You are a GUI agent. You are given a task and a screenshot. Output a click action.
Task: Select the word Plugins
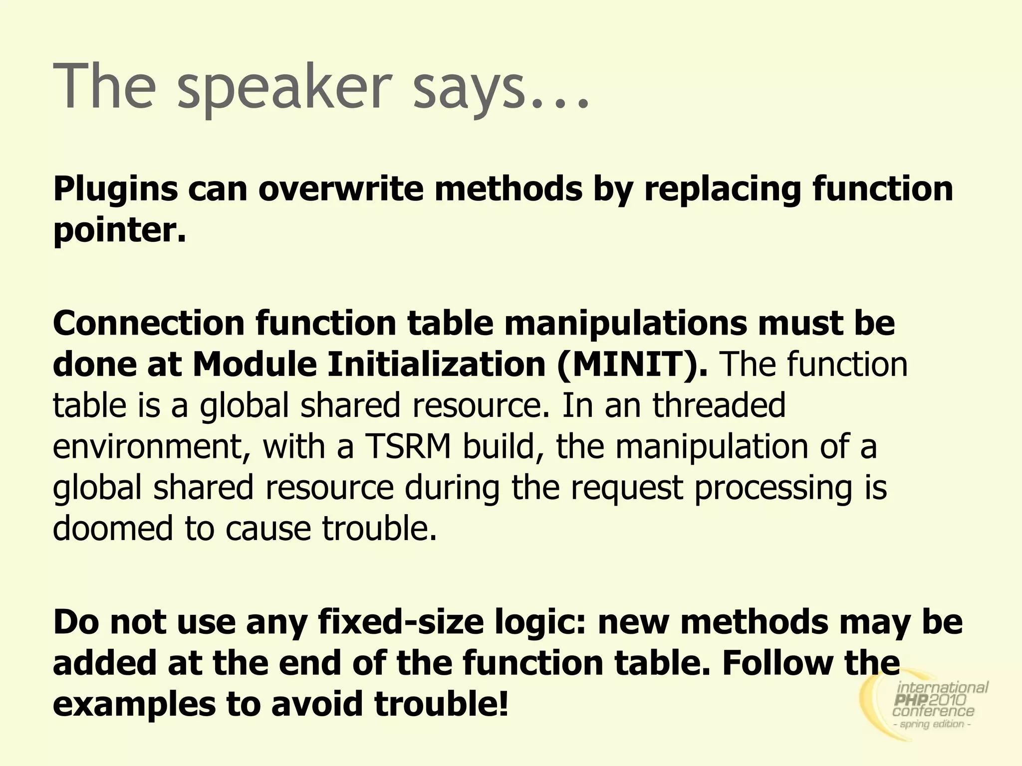(115, 190)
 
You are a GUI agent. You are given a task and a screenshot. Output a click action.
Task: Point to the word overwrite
(340, 189)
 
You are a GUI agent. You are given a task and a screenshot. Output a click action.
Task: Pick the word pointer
(119, 230)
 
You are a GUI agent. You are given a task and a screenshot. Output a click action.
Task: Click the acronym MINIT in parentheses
(632, 364)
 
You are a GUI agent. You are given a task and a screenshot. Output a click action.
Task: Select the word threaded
(719, 404)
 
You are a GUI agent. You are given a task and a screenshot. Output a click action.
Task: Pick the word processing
(773, 487)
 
